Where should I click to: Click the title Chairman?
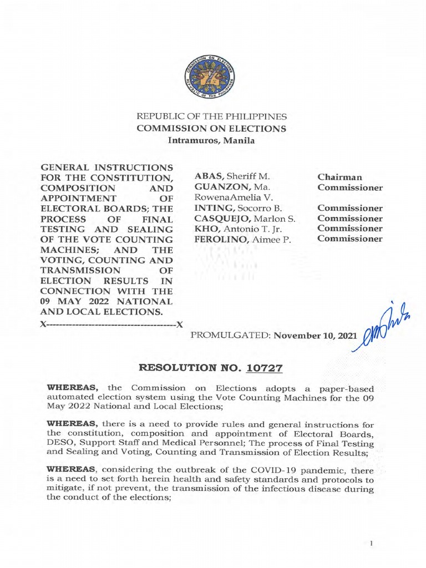[x=339, y=176]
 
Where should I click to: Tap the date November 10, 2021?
[x=316, y=336]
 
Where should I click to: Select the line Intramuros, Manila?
[x=211, y=140]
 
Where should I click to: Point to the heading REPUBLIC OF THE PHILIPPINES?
[x=212, y=117]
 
